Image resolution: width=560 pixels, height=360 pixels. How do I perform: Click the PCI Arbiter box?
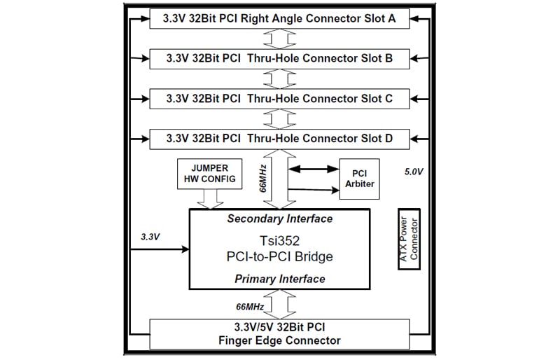pyautogui.click(x=359, y=179)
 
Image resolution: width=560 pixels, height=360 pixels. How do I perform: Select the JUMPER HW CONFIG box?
pyautogui.click(x=209, y=174)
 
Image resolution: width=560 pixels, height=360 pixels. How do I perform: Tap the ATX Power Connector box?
pyautogui.click(x=409, y=239)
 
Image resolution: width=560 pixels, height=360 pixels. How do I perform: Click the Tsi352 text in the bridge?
pyautogui.click(x=279, y=241)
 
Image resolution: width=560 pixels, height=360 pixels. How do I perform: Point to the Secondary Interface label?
pyautogui.click(x=279, y=219)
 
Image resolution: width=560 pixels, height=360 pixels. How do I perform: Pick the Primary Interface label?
pyautogui.click(x=279, y=279)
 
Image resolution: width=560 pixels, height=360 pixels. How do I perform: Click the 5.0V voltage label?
pyautogui.click(x=414, y=172)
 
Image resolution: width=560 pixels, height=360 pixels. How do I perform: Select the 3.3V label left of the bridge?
pyautogui.click(x=150, y=237)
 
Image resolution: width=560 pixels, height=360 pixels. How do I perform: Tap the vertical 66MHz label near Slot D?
pyautogui.click(x=263, y=179)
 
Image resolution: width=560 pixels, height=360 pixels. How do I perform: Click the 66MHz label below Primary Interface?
pyautogui.click(x=250, y=307)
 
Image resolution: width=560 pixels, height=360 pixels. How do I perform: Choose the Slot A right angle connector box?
pyautogui.click(x=279, y=19)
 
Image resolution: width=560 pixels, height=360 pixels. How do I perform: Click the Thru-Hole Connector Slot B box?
pyautogui.click(x=279, y=59)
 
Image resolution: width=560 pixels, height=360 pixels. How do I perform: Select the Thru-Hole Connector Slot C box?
pyautogui.click(x=279, y=99)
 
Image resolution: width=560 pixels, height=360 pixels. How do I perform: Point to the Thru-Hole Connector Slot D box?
pyautogui.click(x=279, y=139)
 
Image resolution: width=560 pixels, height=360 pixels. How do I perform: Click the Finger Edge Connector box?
pyautogui.click(x=279, y=334)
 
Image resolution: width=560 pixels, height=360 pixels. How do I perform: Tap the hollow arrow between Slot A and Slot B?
pyautogui.click(x=279, y=39)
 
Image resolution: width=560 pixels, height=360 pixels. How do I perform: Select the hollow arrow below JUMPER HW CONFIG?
pyautogui.click(x=211, y=199)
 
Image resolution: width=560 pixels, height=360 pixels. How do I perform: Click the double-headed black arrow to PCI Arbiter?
pyautogui.click(x=314, y=169)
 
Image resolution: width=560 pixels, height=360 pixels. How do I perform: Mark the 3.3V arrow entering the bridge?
pyautogui.click(x=160, y=249)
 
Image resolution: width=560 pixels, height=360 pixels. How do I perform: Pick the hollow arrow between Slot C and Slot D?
pyautogui.click(x=279, y=119)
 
